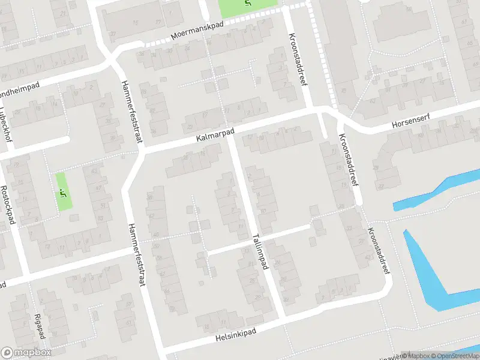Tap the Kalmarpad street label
point(215,134)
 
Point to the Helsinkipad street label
point(236,334)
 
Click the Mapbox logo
point(26,353)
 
